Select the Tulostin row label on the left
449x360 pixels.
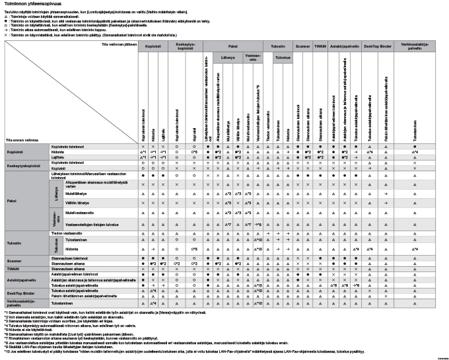(x=15, y=244)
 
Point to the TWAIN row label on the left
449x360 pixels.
(x=13, y=270)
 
